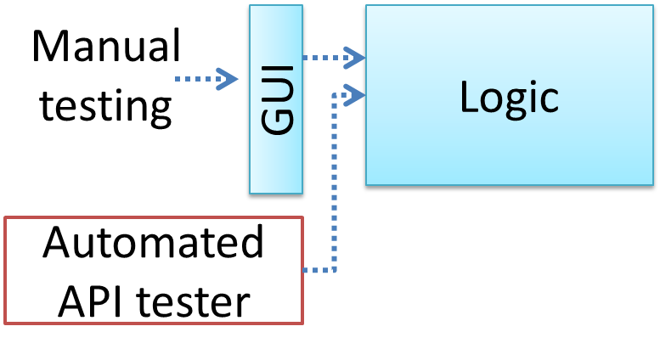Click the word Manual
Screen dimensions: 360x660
coord(106,48)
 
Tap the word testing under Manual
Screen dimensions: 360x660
coord(106,105)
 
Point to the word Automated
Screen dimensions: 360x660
coord(154,244)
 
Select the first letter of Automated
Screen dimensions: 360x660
coord(59,244)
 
